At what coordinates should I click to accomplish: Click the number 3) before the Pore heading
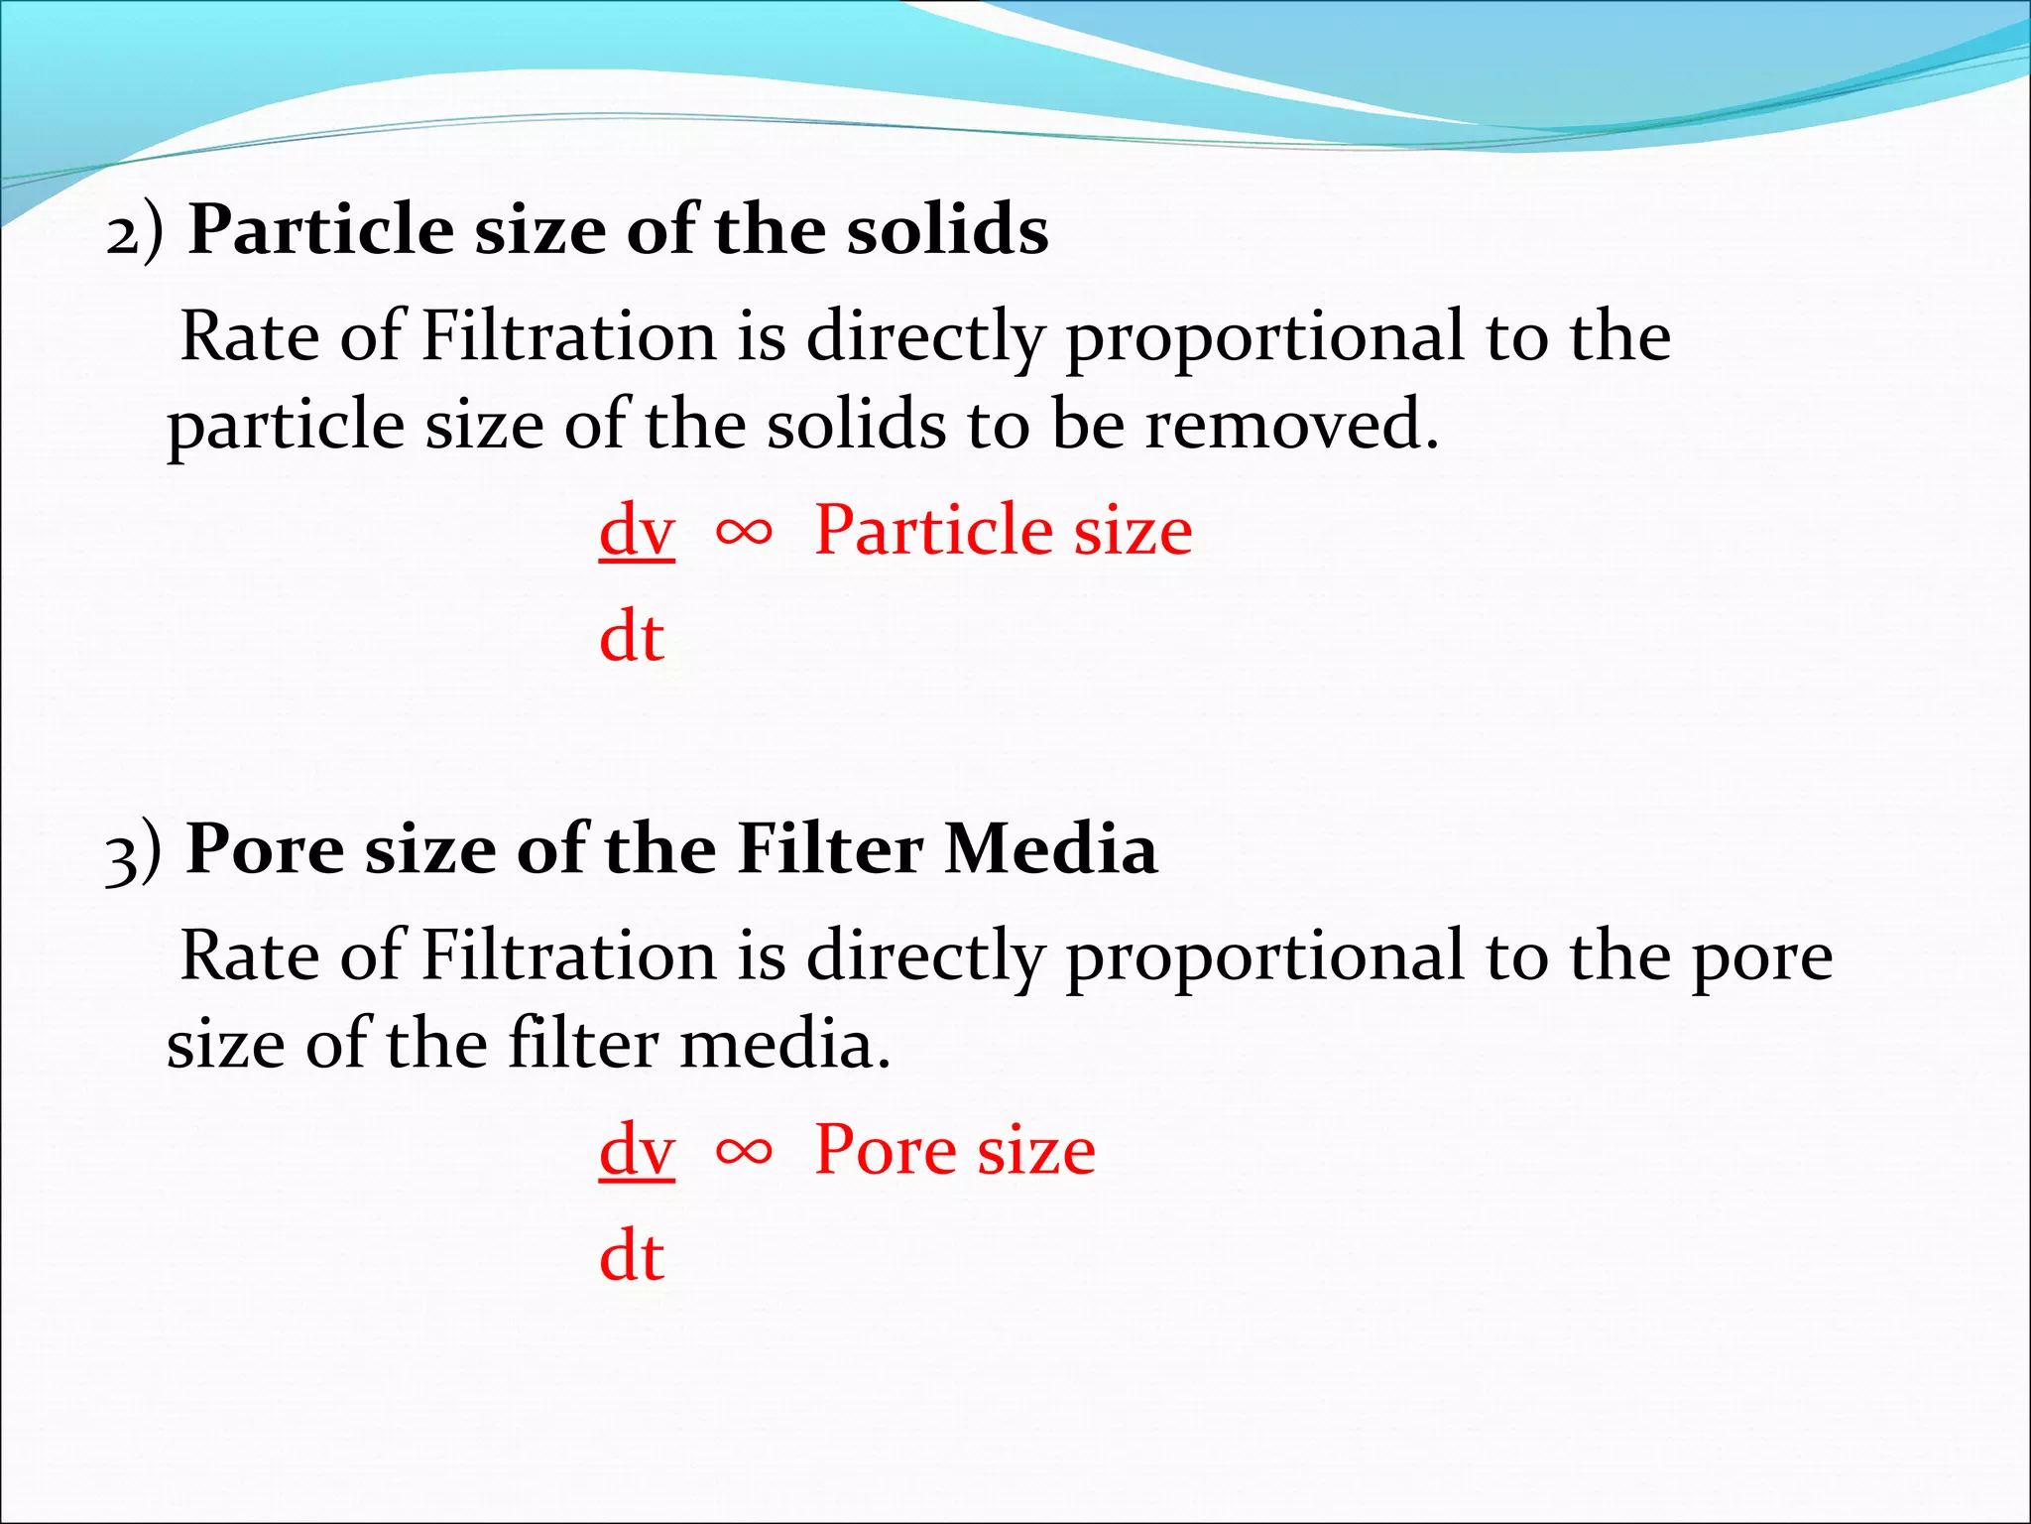(134, 852)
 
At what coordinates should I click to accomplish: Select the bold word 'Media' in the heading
(1050, 850)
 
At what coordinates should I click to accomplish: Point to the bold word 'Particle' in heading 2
(321, 230)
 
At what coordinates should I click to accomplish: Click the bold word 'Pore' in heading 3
(266, 850)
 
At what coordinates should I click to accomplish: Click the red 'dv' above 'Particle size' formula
(637, 531)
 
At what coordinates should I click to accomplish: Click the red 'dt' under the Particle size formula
(632, 637)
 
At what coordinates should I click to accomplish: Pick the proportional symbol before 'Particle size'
(744, 533)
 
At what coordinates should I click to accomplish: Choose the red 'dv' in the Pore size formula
(637, 1151)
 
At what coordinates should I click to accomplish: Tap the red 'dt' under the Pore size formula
(632, 1257)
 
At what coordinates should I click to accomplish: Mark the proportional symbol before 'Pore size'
(744, 1152)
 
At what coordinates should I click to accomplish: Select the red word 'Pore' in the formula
(886, 1150)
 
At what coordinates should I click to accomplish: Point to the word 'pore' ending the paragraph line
(1761, 958)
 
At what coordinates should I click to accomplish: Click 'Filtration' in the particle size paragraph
(568, 336)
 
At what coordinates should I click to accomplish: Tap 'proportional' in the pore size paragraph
(1263, 958)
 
